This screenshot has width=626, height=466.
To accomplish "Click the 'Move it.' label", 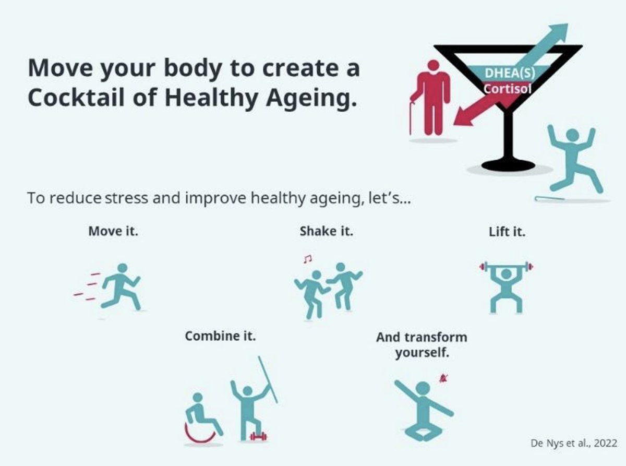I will tap(113, 231).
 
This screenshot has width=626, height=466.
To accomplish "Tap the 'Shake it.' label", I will tap(326, 231).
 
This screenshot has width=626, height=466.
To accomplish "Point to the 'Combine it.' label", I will tap(220, 336).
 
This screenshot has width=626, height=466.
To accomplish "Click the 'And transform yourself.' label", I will tap(422, 344).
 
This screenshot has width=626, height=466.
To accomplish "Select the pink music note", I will tap(307, 258).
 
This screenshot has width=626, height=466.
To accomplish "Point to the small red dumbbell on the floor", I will tap(258, 436).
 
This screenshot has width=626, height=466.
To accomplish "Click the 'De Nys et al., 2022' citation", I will tap(573, 443).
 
